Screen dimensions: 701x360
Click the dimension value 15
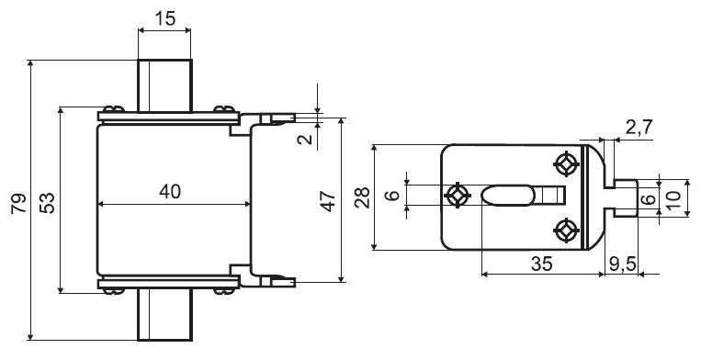click(x=165, y=18)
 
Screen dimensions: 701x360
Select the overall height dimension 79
click(x=18, y=203)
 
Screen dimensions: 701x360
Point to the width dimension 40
click(x=170, y=192)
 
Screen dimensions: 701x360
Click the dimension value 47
click(x=328, y=201)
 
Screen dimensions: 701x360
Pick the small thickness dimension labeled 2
click(x=306, y=139)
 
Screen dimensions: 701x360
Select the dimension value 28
click(x=362, y=197)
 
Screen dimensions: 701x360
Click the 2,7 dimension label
click(x=639, y=128)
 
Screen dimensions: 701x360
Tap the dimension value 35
click(x=542, y=264)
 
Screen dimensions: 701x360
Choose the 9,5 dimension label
click(x=622, y=264)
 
